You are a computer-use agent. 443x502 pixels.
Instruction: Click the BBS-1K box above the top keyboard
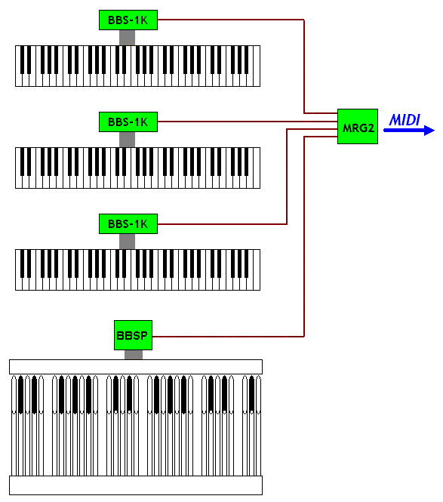click(128, 20)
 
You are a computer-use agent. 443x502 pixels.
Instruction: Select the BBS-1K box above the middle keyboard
click(128, 122)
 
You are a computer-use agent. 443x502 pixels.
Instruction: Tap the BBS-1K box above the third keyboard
click(128, 223)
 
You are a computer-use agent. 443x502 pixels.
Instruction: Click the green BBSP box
click(133, 335)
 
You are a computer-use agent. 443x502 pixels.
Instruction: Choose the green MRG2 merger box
click(358, 127)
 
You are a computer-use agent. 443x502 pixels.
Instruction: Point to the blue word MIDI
click(405, 120)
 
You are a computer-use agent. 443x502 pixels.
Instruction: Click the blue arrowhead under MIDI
click(429, 131)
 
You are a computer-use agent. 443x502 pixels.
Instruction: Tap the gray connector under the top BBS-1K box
click(127, 38)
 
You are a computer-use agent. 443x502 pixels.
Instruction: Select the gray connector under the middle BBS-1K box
click(127, 140)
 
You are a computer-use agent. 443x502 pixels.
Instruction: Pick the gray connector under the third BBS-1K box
click(127, 242)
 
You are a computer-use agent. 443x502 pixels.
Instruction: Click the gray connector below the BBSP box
click(134, 355)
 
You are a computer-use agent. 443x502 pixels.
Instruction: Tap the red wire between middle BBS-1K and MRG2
click(248, 122)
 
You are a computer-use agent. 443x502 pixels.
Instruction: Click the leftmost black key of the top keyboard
click(22, 60)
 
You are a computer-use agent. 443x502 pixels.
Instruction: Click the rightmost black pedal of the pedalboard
click(251, 394)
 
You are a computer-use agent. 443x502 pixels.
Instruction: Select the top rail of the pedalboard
click(136, 367)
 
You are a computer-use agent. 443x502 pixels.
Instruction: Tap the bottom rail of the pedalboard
click(136, 485)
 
